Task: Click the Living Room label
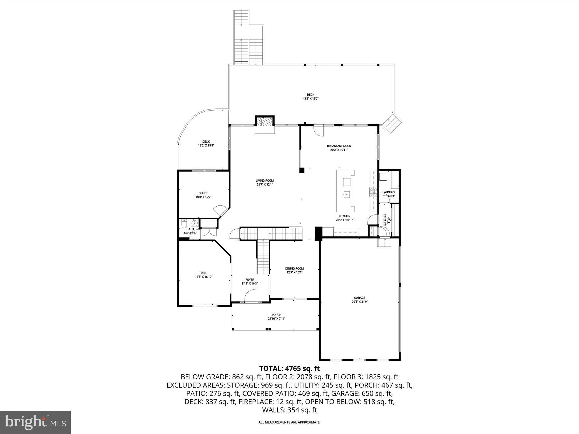pyautogui.click(x=265, y=181)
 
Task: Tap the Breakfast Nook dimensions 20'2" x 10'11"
pyautogui.click(x=339, y=150)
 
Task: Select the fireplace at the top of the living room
pyautogui.click(x=265, y=122)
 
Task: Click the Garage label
pyautogui.click(x=360, y=298)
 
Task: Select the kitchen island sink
pyautogui.click(x=346, y=194)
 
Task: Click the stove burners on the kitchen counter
pyautogui.click(x=373, y=192)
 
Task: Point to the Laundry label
pyautogui.click(x=389, y=192)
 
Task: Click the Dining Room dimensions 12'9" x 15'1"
pyautogui.click(x=294, y=273)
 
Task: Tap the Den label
pyautogui.click(x=203, y=273)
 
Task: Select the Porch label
pyautogui.click(x=276, y=315)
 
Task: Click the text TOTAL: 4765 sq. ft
pyautogui.click(x=289, y=368)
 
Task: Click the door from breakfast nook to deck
pyautogui.click(x=319, y=131)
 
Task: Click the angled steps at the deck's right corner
pyautogui.click(x=392, y=123)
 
